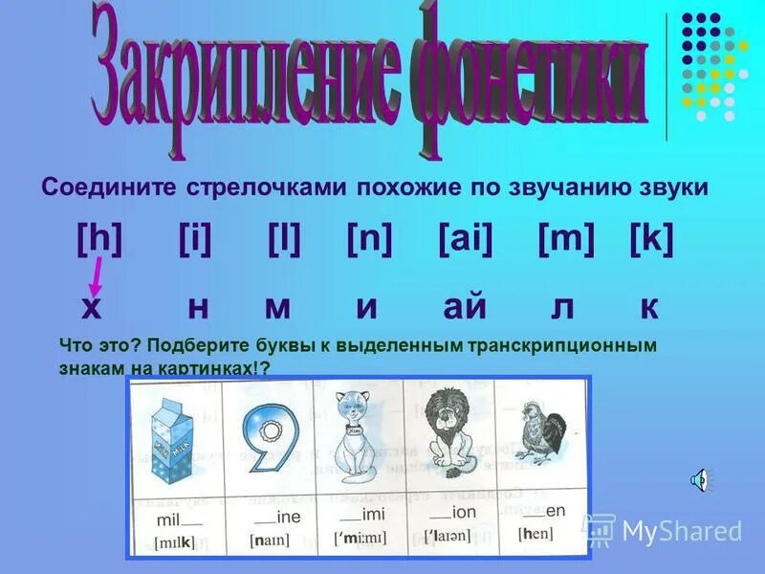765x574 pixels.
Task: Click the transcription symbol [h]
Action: click(x=99, y=238)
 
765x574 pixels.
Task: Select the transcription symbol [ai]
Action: click(x=465, y=238)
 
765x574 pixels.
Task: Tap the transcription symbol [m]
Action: click(x=566, y=238)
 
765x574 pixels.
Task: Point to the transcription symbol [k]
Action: click(x=651, y=238)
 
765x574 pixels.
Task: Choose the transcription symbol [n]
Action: click(x=369, y=238)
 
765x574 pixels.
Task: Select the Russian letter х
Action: click(x=91, y=307)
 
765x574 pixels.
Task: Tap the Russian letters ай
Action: click(x=465, y=307)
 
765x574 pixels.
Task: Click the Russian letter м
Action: click(x=277, y=307)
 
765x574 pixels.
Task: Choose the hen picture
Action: click(x=540, y=435)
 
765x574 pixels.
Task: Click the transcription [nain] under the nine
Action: click(x=270, y=541)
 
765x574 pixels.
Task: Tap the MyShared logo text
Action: click(x=681, y=529)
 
